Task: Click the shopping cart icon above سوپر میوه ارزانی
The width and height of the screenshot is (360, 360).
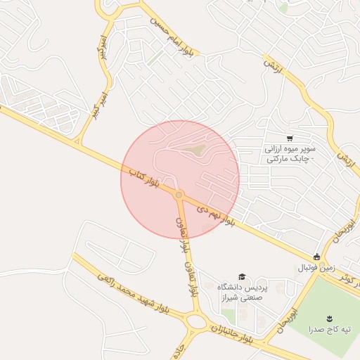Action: tap(290, 138)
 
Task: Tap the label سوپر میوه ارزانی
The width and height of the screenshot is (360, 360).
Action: tap(290, 155)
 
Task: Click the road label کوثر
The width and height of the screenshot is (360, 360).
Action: tap(347, 278)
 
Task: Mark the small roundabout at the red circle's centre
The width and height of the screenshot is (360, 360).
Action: tap(179, 194)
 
